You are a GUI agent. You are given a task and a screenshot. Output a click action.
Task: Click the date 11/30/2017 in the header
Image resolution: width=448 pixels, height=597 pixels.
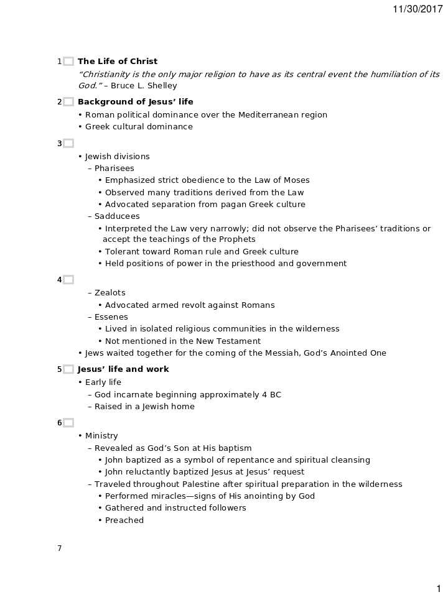pos(418,9)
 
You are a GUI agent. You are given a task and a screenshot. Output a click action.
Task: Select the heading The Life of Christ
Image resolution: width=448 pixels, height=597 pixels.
pos(118,62)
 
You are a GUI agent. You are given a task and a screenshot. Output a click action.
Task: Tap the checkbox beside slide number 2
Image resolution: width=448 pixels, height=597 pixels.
pos(68,102)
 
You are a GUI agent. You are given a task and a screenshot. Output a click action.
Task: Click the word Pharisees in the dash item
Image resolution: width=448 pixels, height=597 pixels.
pos(114,168)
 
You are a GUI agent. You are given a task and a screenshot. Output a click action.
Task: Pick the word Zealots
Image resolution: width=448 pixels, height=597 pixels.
pos(110,293)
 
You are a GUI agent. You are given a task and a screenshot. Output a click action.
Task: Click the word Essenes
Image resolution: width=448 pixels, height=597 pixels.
pos(111,317)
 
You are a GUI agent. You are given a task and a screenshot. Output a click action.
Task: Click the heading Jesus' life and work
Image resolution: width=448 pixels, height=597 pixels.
pos(123,369)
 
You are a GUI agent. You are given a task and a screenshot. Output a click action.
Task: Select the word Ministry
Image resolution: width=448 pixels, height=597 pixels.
pos(101,436)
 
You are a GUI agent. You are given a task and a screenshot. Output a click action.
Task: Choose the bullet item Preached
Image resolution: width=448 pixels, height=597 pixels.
pos(124,521)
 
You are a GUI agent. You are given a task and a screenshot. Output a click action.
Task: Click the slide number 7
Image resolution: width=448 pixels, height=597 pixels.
pos(60,548)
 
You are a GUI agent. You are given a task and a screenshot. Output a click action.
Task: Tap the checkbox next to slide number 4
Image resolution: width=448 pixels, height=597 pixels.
pos(68,280)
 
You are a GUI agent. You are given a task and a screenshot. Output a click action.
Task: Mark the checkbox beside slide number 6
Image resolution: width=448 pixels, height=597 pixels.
pos(68,423)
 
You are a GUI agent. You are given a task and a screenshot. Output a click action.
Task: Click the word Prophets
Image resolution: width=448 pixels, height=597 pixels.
pos(238,239)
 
